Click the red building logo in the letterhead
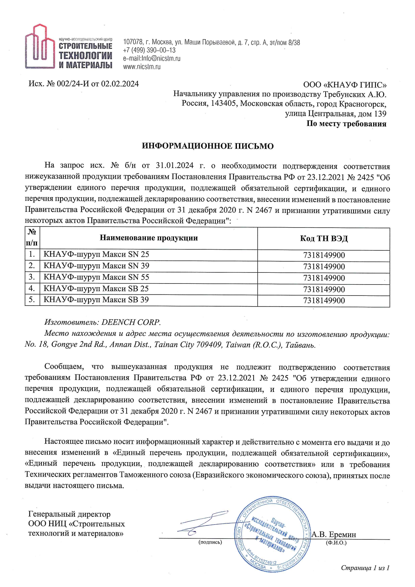tap(40, 47)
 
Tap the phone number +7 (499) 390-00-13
tap(149, 50)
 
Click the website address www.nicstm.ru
tap(142, 67)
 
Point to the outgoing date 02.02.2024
tap(120, 84)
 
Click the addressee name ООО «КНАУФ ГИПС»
tap(345, 85)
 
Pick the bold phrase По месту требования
tap(346, 124)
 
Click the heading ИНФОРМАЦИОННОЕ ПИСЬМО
tap(207, 146)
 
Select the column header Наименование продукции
tap(149, 238)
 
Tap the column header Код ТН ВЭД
tap(324, 239)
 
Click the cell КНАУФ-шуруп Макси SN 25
tap(96, 254)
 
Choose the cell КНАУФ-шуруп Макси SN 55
tap(96, 277)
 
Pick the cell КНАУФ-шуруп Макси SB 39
tap(96, 300)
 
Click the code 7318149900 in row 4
tap(324, 289)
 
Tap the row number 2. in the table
tap(32, 266)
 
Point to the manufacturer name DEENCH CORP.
tap(131, 322)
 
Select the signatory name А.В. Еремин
tap(334, 534)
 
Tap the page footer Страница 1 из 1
tap(365, 568)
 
